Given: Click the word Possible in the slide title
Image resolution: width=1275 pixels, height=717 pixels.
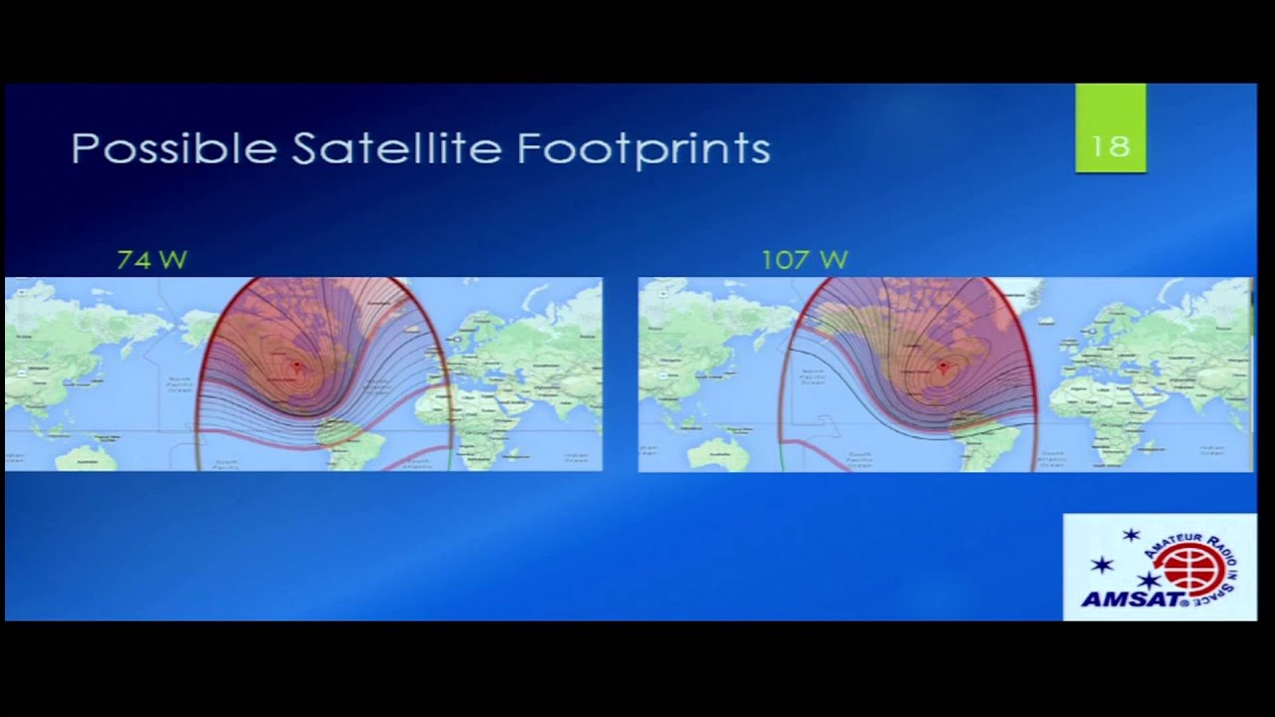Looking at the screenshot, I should point(174,149).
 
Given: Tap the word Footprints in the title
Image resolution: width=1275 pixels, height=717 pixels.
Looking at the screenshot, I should point(643,149).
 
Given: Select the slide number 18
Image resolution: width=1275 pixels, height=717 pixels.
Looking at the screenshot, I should point(1110,146).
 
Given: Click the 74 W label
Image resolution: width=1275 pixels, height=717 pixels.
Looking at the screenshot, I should point(151,260).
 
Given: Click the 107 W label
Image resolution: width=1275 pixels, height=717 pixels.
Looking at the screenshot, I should point(804,260).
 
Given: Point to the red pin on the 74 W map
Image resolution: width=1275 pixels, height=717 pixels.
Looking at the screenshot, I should point(297,366).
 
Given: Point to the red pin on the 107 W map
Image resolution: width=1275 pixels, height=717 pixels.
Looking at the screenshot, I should point(942,366).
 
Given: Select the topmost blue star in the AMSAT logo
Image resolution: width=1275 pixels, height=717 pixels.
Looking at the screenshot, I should point(1131,536).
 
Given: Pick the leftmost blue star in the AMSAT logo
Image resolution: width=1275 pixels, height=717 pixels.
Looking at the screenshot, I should point(1101,565).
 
